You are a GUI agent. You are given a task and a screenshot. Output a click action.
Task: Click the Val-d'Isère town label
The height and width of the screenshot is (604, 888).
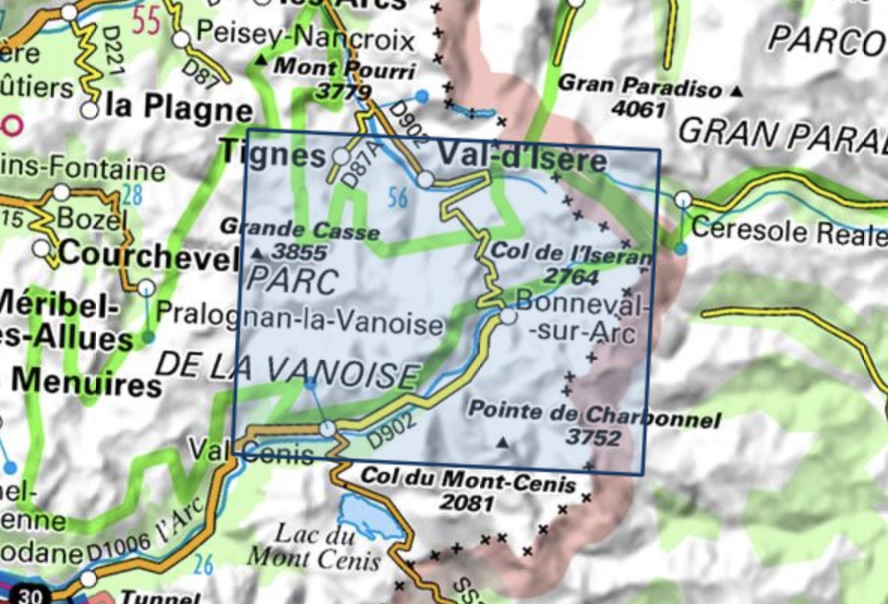(x=521, y=160)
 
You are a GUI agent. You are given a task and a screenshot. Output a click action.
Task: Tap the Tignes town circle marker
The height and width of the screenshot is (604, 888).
(x=341, y=157)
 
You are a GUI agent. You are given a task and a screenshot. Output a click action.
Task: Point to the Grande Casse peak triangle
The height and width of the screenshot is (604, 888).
(x=259, y=253)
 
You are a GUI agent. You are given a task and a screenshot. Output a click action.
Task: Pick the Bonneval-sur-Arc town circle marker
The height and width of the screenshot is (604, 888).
(x=508, y=318)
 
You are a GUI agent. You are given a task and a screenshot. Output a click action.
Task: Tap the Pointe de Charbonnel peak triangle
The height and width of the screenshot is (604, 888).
(x=503, y=444)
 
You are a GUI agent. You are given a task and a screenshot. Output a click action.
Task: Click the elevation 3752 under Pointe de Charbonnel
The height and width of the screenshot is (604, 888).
(x=594, y=437)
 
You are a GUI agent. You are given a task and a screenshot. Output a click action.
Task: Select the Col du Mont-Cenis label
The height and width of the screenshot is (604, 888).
(x=468, y=477)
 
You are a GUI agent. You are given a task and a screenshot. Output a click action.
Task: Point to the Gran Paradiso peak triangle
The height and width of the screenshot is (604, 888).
(x=736, y=91)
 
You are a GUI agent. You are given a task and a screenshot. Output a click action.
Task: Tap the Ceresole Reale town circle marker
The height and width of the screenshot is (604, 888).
(x=682, y=200)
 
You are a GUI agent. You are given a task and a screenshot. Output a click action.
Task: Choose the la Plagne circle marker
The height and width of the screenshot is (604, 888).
(x=90, y=110)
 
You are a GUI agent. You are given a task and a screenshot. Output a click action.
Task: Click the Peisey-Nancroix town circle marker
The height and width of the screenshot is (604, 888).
(x=181, y=39)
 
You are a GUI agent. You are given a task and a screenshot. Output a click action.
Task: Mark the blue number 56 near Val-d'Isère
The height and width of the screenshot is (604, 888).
(x=398, y=199)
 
